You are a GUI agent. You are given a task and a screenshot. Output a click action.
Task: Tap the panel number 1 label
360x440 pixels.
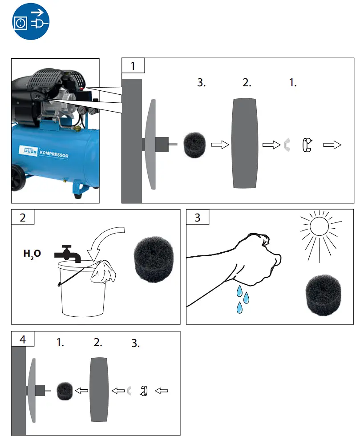coord(133,66)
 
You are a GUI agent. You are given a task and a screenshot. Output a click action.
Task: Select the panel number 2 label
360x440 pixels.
coord(23,218)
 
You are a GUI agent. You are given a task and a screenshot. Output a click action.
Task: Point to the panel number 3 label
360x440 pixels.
coord(198,218)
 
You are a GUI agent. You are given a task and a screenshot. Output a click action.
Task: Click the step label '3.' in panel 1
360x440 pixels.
coord(202,83)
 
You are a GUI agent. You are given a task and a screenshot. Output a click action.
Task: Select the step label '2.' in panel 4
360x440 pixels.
coord(98,343)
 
